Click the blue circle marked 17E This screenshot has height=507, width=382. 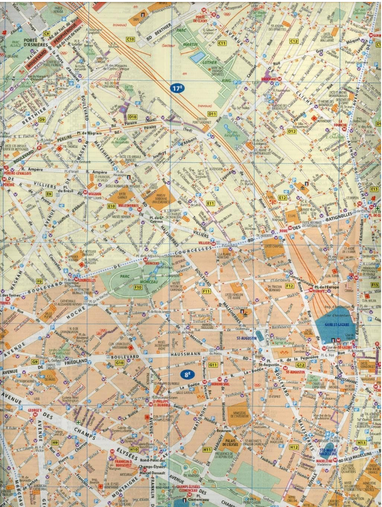point(177,88)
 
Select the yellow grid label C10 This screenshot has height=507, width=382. point(130,39)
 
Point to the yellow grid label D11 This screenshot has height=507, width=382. point(212,114)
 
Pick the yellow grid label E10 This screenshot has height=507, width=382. point(112,206)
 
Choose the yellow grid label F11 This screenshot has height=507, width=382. point(206,291)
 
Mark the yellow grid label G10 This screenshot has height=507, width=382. point(119,363)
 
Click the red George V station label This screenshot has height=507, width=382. point(35,410)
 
